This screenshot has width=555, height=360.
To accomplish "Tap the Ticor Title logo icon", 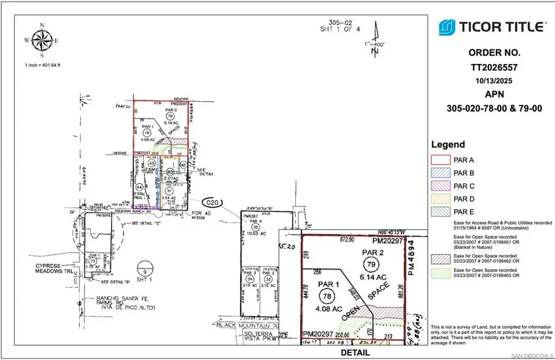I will (x=447, y=27).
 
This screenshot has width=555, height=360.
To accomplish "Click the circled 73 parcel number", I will (x=92, y=261).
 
